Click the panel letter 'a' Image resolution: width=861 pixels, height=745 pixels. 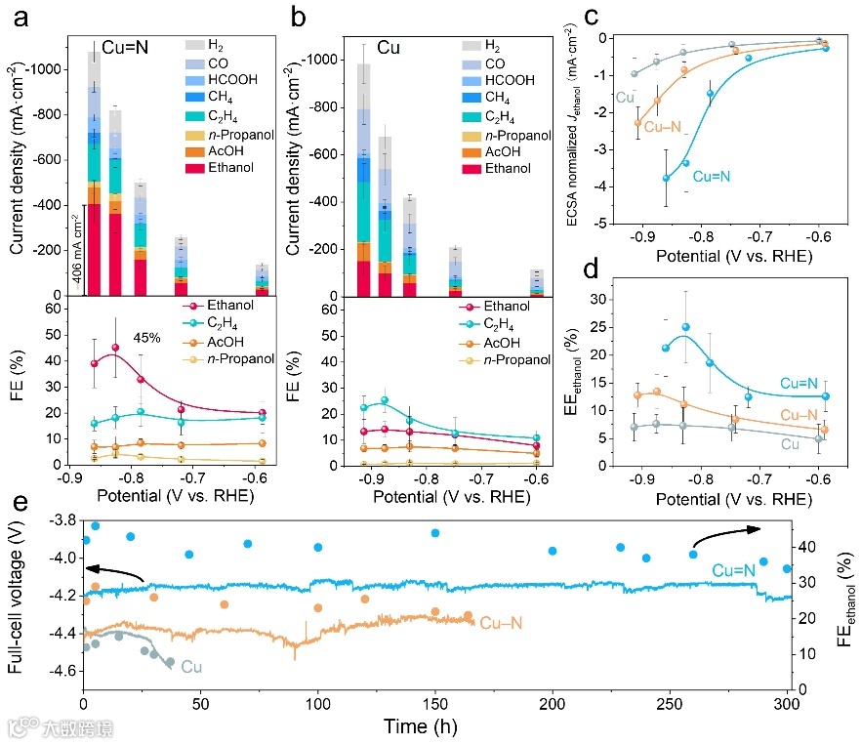(x=15, y=16)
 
